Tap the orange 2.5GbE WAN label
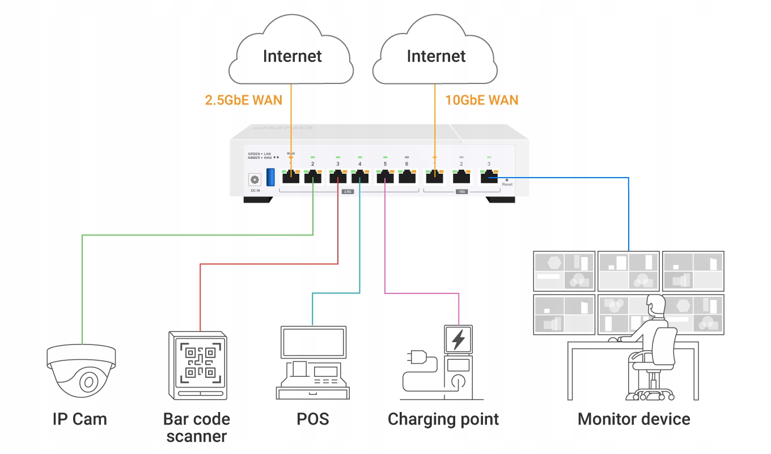[243, 100]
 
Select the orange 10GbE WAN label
[482, 100]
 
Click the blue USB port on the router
[270, 176]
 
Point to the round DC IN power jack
[255, 179]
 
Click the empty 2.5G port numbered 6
[406, 177]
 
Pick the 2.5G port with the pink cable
[385, 177]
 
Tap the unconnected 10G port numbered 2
[461, 177]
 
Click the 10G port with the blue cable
[489, 177]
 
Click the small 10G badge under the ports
[461, 192]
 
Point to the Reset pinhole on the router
[506, 179]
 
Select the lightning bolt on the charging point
[458, 339]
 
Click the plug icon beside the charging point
[414, 358]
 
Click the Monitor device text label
[634, 419]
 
